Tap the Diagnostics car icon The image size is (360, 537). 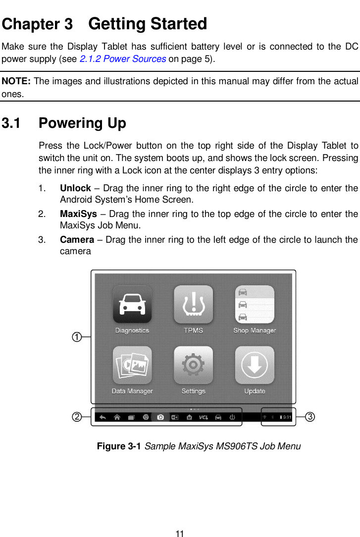[x=132, y=304]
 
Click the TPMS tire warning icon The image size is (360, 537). [x=193, y=304]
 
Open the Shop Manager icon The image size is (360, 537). [x=255, y=304]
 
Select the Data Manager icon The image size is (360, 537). [x=132, y=365]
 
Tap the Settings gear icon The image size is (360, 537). [x=193, y=365]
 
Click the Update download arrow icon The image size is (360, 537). [x=255, y=365]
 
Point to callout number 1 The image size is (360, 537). [x=77, y=337]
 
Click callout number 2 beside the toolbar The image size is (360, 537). [x=77, y=417]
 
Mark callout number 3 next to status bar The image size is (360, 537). [x=309, y=417]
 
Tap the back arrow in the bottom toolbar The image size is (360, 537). [x=103, y=417]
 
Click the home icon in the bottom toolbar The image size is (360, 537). [x=117, y=417]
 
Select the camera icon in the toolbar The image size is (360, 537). [x=160, y=417]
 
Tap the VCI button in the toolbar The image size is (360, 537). [x=204, y=417]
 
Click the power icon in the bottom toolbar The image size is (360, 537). [x=232, y=417]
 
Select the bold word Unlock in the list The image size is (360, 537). [x=75, y=188]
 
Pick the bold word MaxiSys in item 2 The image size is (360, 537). [x=78, y=214]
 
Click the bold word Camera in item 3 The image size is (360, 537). [x=77, y=240]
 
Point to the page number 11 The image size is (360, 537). [x=180, y=534]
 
